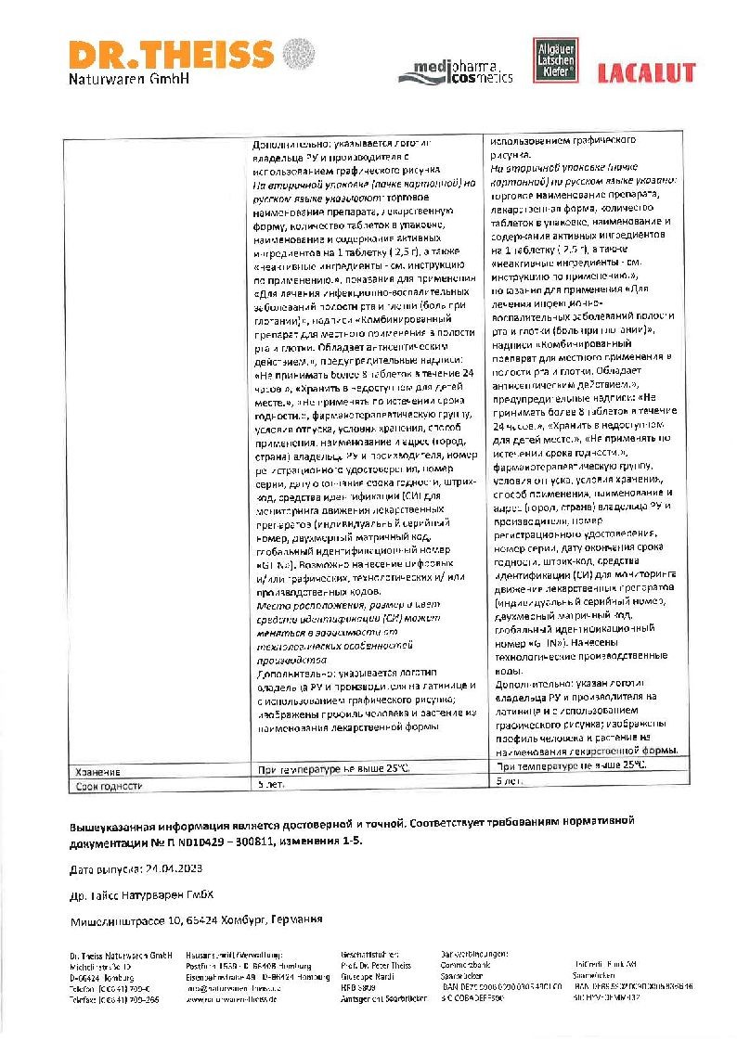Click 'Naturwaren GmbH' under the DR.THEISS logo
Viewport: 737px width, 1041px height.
coord(129,79)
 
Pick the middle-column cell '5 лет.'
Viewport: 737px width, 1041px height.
coord(270,785)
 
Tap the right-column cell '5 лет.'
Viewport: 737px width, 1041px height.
coord(511,782)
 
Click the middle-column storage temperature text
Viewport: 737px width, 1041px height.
coord(331,769)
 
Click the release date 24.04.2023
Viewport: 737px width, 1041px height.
coord(170,869)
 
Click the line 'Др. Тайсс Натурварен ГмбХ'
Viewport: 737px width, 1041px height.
coord(143,895)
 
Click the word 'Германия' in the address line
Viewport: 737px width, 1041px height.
coord(294,920)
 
